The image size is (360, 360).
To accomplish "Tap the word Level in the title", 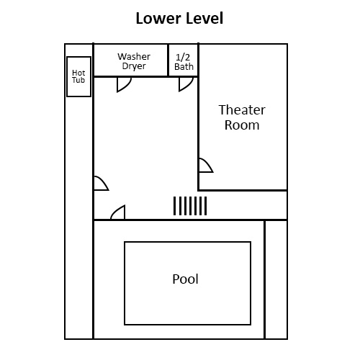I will click(x=202, y=18).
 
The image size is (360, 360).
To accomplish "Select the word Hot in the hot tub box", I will click(x=78, y=72).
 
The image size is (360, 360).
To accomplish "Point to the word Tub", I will click(x=78, y=81).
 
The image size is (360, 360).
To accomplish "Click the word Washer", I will click(x=134, y=56).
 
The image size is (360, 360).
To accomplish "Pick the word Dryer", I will click(x=134, y=66).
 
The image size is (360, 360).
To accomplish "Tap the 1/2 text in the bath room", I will click(x=184, y=56).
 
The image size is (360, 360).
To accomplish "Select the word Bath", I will click(x=184, y=66).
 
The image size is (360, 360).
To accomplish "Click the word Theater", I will click(x=242, y=110).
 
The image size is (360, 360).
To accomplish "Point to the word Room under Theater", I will click(x=242, y=125).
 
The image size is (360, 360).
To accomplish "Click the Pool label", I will click(x=185, y=279).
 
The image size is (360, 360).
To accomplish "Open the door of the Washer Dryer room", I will click(x=124, y=84).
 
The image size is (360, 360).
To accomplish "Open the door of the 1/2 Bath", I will click(x=186, y=84).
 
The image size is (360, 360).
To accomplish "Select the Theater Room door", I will click(x=205, y=166).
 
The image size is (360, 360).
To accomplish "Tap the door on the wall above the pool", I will click(x=118, y=213).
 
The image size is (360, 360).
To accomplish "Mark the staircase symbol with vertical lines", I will click(x=190, y=206).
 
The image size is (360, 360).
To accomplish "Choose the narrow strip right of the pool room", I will click(x=276, y=279).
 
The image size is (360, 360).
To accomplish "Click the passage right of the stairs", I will click(x=247, y=205).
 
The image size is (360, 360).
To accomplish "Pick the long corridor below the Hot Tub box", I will click(x=79, y=216).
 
